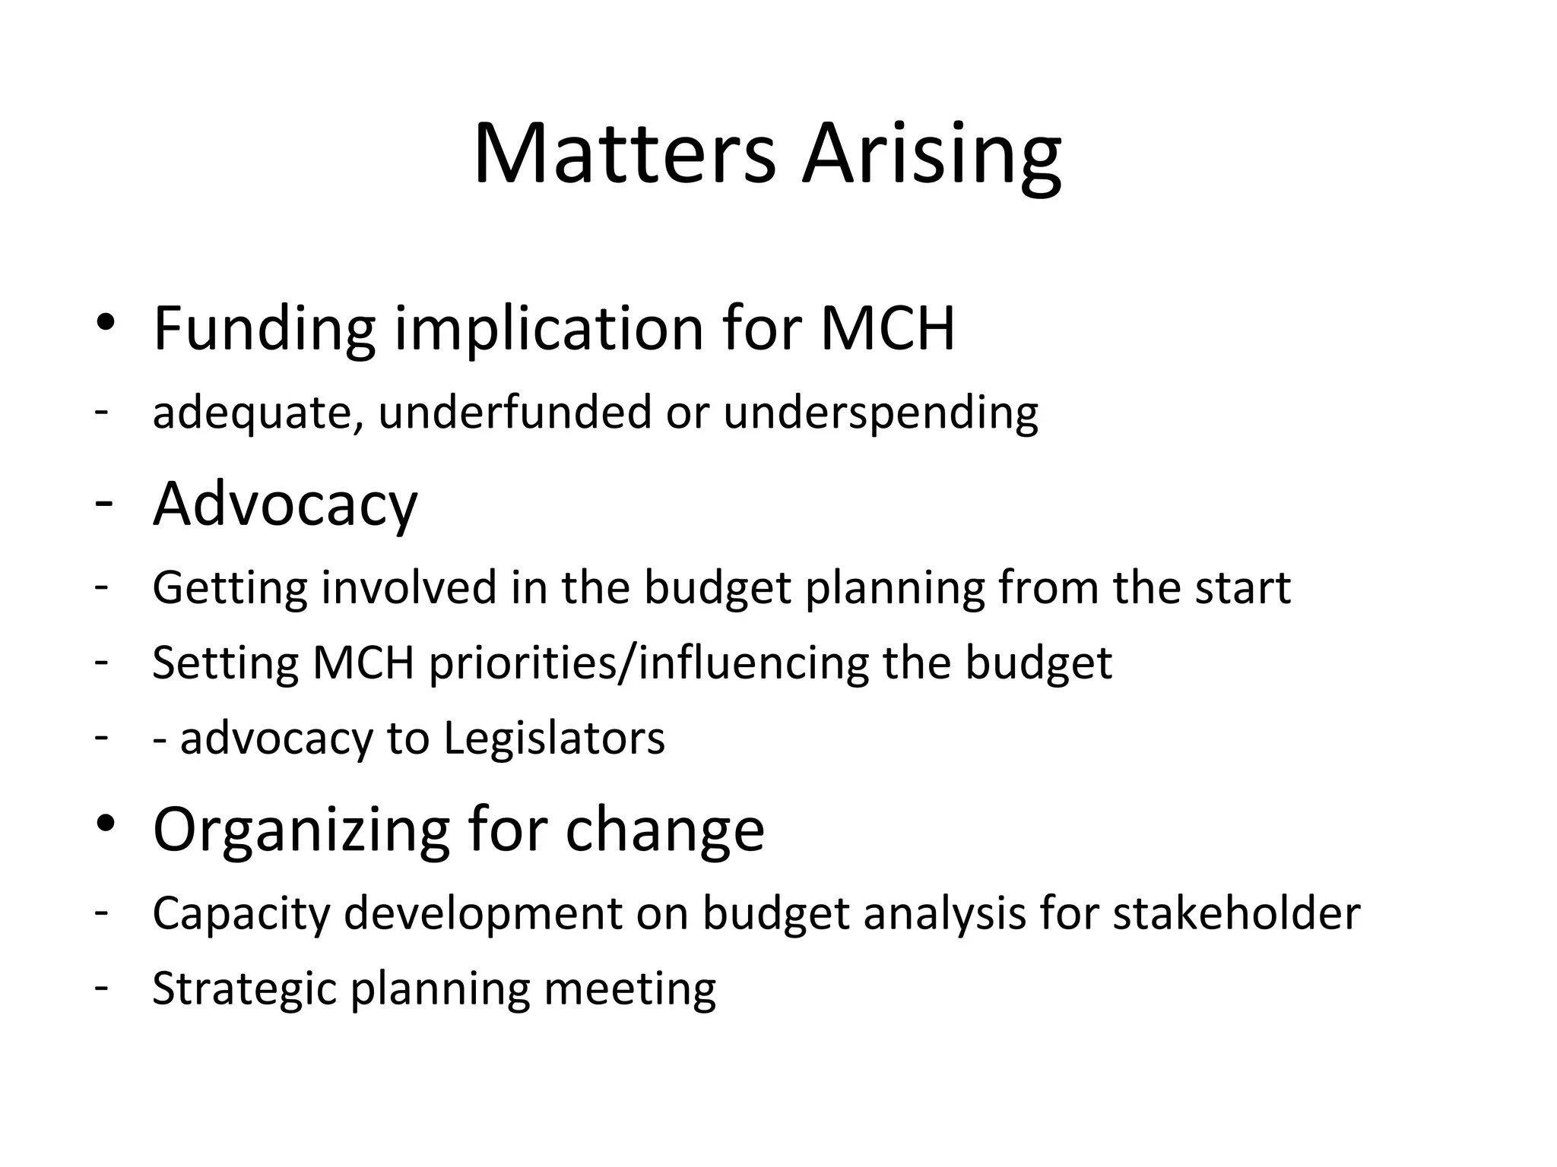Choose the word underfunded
coord(515,413)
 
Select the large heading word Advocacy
coord(285,505)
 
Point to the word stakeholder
coord(1236,913)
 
